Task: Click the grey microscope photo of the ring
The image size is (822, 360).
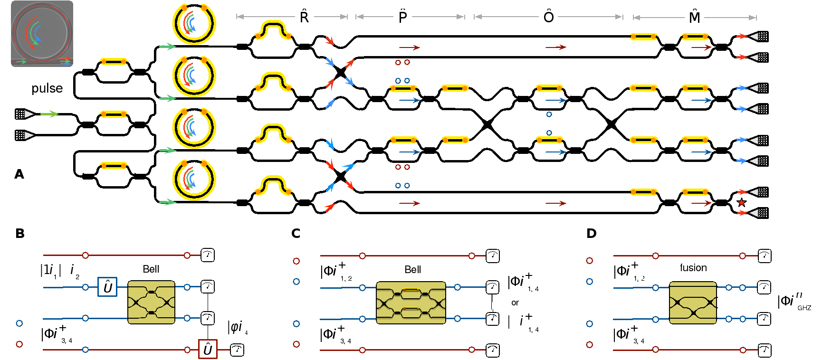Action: [42, 34]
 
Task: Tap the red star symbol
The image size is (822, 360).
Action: [742, 203]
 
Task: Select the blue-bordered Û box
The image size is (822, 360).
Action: [107, 287]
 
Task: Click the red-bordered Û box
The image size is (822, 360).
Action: [208, 349]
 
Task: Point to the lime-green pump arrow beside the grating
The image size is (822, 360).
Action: [49, 114]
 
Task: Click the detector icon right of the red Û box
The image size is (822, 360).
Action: [237, 350]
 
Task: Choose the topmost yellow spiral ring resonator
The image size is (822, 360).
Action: [194, 24]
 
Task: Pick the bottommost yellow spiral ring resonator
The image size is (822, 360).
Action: [194, 180]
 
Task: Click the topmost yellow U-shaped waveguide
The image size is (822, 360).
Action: [273, 30]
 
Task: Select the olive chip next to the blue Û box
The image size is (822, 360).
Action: [151, 303]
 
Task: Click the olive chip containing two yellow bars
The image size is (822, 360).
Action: [411, 303]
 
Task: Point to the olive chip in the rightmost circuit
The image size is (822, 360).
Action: [693, 303]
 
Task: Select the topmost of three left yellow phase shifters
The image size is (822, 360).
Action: [114, 61]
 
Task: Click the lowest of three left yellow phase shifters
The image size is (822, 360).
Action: [114, 165]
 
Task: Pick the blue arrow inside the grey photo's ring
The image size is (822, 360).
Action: [37, 34]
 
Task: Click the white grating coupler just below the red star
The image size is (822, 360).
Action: [759, 213]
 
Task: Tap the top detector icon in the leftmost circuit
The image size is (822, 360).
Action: [208, 255]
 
